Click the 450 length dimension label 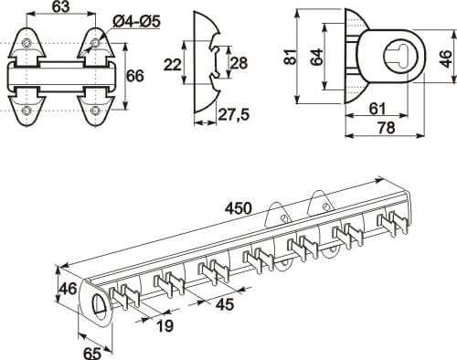[239, 208]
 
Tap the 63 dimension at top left [61, 6]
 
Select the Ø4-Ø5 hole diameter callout [136, 22]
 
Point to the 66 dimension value [135, 76]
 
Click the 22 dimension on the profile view [173, 65]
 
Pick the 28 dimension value [239, 63]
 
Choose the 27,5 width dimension [234, 114]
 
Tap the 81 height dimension [291, 57]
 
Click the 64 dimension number [317, 57]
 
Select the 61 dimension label [377, 109]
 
